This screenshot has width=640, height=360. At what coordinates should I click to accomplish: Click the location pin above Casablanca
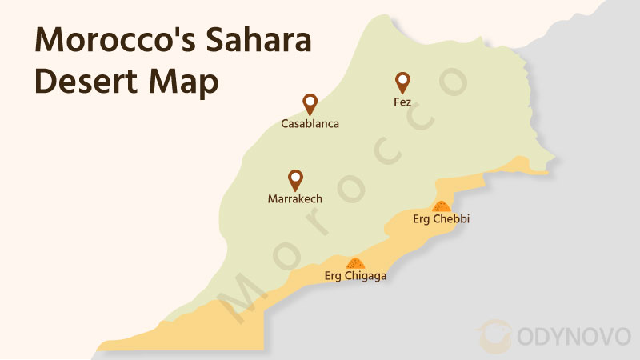coord(310,103)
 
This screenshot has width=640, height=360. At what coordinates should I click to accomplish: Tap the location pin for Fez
coord(402,82)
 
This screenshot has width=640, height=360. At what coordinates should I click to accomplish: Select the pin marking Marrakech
coord(295,179)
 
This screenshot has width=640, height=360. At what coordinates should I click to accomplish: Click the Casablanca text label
coord(310,124)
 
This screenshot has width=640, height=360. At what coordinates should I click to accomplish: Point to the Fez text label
coord(402,102)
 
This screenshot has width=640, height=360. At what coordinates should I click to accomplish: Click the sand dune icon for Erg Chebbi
coord(442,206)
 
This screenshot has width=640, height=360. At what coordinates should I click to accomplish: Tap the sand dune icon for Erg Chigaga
coord(354,262)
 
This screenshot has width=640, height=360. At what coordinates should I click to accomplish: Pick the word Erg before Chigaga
coord(334,276)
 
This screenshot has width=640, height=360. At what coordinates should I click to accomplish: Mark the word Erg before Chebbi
coord(422,218)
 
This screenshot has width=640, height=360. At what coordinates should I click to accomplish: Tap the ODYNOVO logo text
coord(571,336)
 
